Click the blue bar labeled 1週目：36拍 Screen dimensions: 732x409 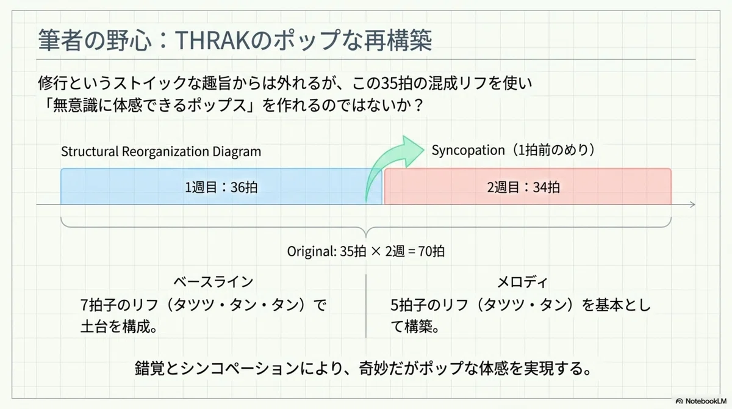221,186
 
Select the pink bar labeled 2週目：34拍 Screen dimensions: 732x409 528,186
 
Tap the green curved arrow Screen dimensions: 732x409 392,164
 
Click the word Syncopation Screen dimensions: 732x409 468,150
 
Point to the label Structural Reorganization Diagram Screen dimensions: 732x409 161,151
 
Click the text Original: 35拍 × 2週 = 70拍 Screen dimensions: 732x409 365,251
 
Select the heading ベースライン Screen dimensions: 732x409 213,282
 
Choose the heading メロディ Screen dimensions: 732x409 522,282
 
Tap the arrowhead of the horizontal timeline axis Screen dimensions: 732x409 692,204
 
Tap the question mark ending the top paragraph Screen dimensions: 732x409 418,105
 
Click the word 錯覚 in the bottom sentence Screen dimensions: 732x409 149,368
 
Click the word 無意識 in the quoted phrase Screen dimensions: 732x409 74,105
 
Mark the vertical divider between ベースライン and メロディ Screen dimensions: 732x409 365,306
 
